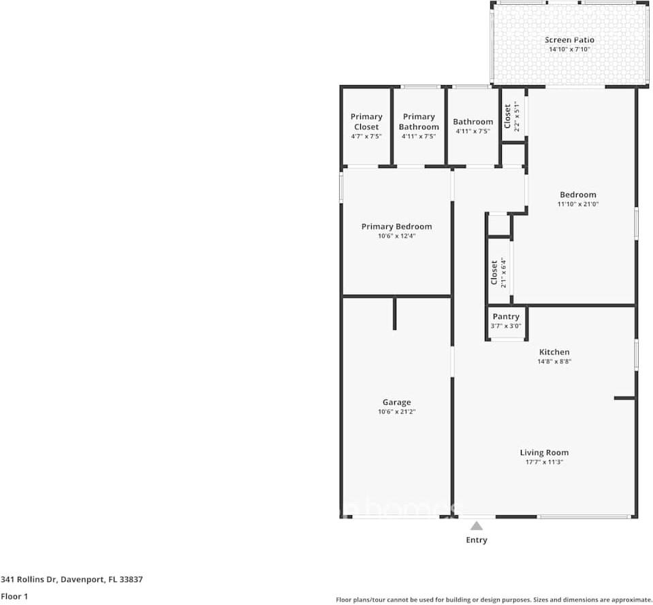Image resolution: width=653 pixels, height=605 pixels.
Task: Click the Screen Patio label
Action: coord(569,40)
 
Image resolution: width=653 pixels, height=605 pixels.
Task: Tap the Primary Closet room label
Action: coord(366,122)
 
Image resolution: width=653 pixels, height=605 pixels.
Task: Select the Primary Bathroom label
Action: coord(419,122)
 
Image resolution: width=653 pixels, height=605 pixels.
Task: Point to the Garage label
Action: coord(397,402)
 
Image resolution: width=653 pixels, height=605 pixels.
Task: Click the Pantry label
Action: coord(506,316)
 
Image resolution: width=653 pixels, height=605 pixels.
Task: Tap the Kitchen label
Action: coord(554,352)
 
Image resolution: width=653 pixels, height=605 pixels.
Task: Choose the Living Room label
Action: coord(544,453)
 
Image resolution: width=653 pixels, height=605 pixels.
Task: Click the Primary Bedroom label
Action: coord(396,227)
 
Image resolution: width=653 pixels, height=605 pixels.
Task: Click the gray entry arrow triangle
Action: coord(477,526)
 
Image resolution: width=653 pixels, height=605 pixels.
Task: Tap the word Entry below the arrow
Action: coord(477,540)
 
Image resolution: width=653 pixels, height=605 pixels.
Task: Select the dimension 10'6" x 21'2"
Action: coord(397,412)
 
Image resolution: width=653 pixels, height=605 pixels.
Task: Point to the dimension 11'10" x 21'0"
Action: coord(578,204)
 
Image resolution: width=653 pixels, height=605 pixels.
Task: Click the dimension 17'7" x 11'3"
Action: coord(544,462)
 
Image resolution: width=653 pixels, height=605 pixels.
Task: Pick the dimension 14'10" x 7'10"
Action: coord(569,50)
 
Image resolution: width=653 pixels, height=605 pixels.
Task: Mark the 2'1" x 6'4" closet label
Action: coord(499,272)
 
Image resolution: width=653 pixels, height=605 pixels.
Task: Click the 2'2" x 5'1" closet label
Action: coord(512,116)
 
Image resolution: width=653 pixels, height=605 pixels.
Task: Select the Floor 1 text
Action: coord(14,596)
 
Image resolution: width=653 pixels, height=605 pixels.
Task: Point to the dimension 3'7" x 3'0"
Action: coord(506,326)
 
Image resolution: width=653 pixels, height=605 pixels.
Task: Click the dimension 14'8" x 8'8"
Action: coord(554,361)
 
